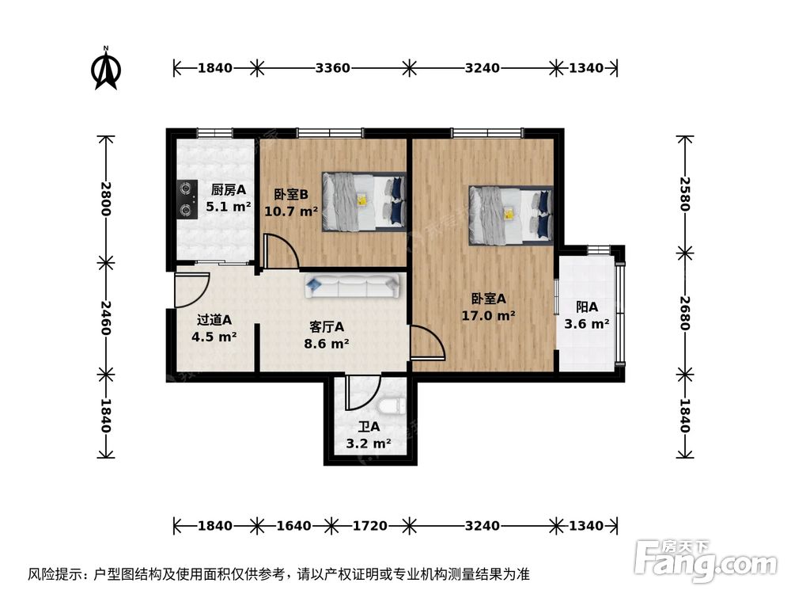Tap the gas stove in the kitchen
coord(186,200)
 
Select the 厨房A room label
coord(229,190)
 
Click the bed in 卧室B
coord(364,201)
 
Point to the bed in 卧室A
coord(510,214)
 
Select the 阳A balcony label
coord(586,307)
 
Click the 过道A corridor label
coord(214,320)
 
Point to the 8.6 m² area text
coord(326,344)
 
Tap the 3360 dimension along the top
coord(332,68)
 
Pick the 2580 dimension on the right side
coord(684,194)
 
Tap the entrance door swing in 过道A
coord(191,290)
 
